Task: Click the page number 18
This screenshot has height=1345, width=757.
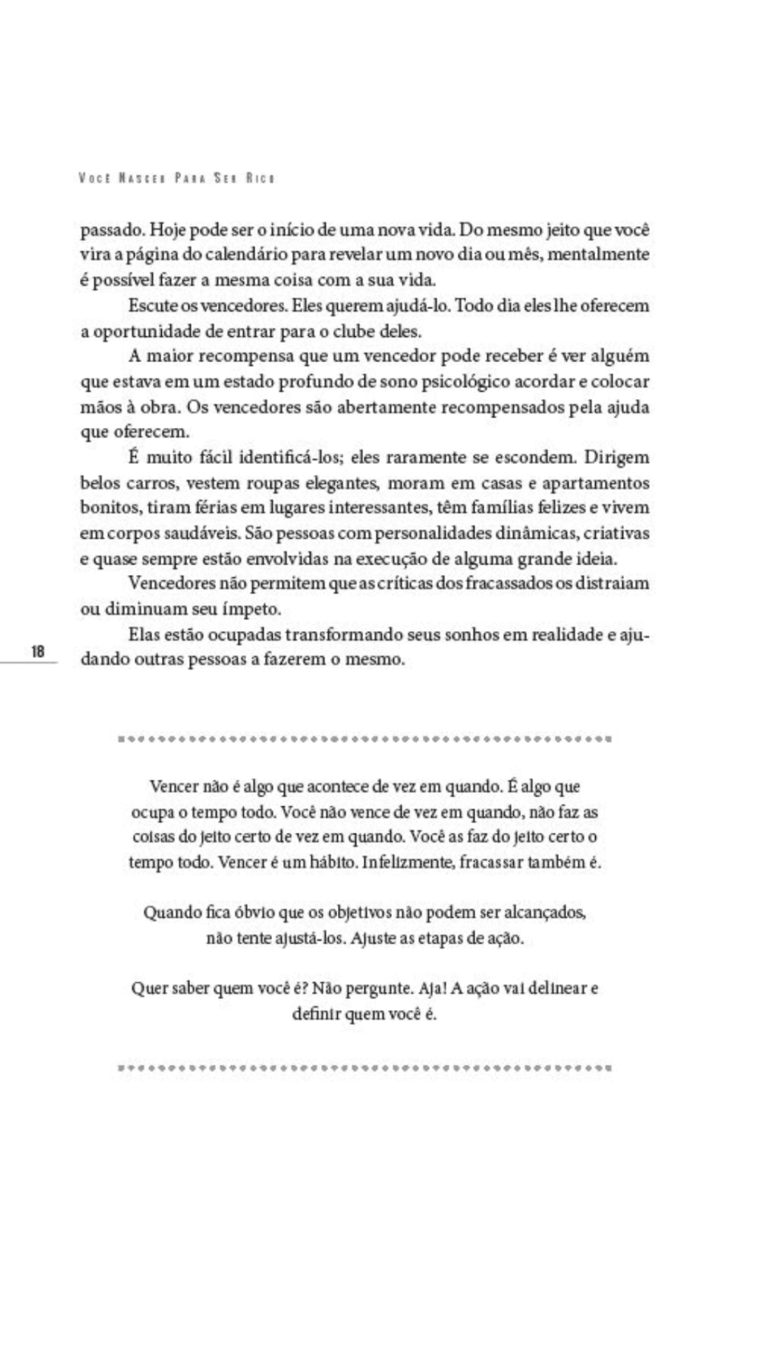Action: click(38, 651)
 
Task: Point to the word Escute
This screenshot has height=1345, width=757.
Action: click(152, 305)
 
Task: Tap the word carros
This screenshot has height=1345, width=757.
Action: click(154, 483)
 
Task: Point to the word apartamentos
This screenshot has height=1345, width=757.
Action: click(596, 483)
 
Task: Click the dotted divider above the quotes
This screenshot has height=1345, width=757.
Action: click(364, 738)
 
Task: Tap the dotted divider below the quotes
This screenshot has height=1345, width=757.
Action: click(364, 1068)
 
